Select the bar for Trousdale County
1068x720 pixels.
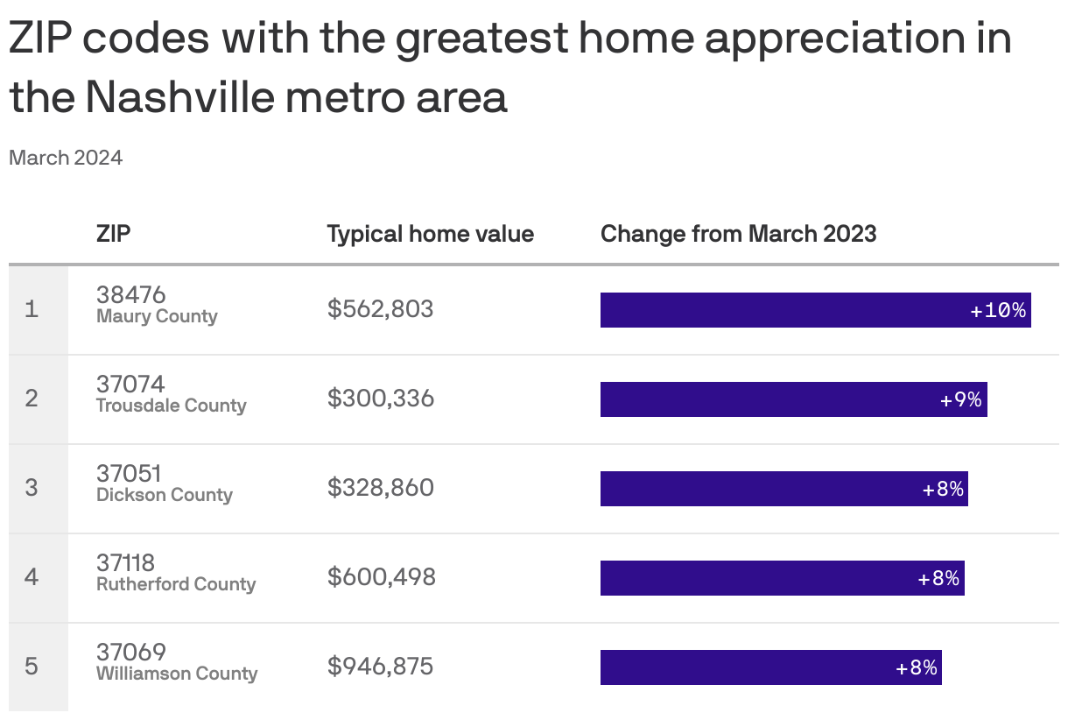click(x=770, y=399)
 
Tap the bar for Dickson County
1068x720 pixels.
click(x=762, y=489)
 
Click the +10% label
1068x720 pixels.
click(x=998, y=310)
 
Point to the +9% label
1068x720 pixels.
click(x=961, y=400)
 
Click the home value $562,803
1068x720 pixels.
click(x=380, y=309)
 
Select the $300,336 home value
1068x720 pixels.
click(x=380, y=399)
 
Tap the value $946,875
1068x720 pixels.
click(x=380, y=667)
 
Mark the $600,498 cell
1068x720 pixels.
click(x=381, y=577)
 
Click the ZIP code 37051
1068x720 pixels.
click(x=129, y=473)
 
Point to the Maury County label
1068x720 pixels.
click(x=157, y=317)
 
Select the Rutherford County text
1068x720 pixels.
click(x=176, y=584)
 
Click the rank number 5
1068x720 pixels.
click(x=32, y=667)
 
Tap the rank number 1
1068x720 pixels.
click(x=32, y=309)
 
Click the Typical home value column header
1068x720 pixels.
click(x=430, y=234)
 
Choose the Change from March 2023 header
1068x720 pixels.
click(x=738, y=234)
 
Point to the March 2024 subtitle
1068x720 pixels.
click(x=66, y=158)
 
